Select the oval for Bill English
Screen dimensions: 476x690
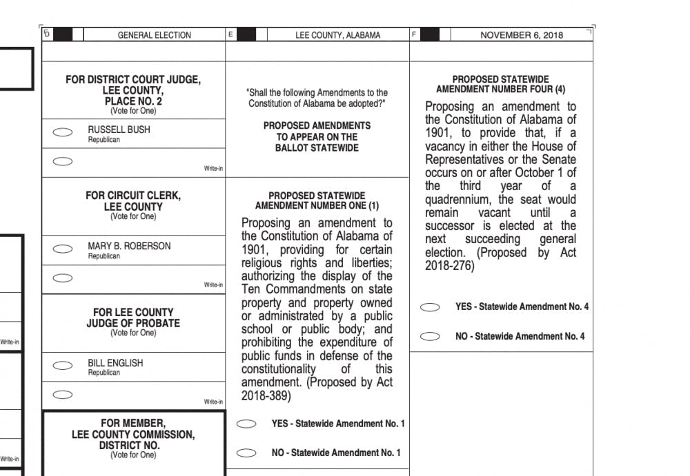pos(63,366)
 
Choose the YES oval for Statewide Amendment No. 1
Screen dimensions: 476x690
pos(246,424)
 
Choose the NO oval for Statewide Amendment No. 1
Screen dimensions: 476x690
pos(246,453)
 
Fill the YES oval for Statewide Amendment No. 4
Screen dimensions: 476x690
pos(430,307)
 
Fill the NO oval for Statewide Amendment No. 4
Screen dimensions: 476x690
pos(430,337)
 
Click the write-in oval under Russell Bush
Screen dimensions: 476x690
pos(63,162)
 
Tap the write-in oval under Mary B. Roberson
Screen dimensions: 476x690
pos(63,278)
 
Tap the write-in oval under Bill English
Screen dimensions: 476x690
pos(63,395)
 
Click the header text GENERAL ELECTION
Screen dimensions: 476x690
pos(154,35)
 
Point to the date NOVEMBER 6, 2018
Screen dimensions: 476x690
pos(522,35)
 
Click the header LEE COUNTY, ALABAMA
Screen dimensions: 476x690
pos(337,35)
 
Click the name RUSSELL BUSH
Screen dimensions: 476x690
pos(119,130)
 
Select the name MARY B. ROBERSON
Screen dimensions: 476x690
pos(129,246)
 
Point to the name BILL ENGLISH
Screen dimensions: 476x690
pos(115,362)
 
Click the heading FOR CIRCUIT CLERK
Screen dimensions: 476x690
pos(133,196)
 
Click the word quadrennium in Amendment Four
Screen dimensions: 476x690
pos(464,199)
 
